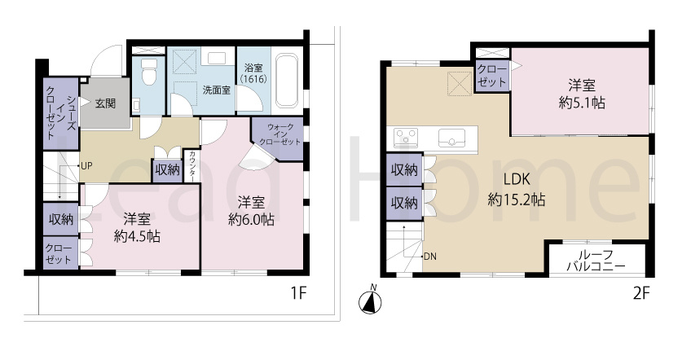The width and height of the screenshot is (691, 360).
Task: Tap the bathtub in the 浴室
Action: (287, 80)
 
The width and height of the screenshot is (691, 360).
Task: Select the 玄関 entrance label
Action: (106, 103)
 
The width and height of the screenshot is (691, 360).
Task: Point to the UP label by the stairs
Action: (86, 166)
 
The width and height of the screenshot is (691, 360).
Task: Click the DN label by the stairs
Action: (430, 256)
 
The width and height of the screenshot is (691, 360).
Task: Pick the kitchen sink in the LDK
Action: (451, 138)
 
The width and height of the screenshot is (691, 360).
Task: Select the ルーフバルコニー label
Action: (596, 261)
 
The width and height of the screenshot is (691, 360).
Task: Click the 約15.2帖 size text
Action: (517, 200)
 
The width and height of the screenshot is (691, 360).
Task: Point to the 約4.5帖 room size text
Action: (137, 237)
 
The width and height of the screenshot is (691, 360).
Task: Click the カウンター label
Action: (192, 166)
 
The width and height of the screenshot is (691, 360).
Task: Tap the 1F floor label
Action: (298, 293)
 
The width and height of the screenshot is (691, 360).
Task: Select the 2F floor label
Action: (641, 293)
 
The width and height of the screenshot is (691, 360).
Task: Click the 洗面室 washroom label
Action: (217, 90)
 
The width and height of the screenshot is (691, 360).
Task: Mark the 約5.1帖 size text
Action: (582, 103)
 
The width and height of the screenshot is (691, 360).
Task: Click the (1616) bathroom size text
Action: (253, 79)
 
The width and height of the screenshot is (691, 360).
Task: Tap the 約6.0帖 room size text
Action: (251, 219)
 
